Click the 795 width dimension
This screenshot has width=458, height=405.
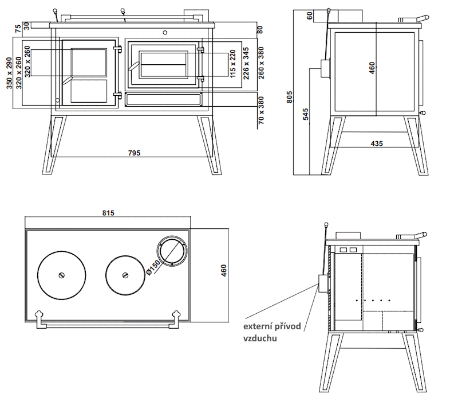[134, 153]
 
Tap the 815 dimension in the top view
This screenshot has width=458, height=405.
[109, 213]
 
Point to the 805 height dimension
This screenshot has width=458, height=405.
[290, 98]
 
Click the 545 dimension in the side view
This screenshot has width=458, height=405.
[306, 114]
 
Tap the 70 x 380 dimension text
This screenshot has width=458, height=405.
[261, 112]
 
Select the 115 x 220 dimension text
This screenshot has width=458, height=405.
[233, 64]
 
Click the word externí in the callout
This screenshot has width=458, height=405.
[257, 327]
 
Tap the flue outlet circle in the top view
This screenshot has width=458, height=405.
[171, 251]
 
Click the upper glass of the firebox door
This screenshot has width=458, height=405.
[89, 62]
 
